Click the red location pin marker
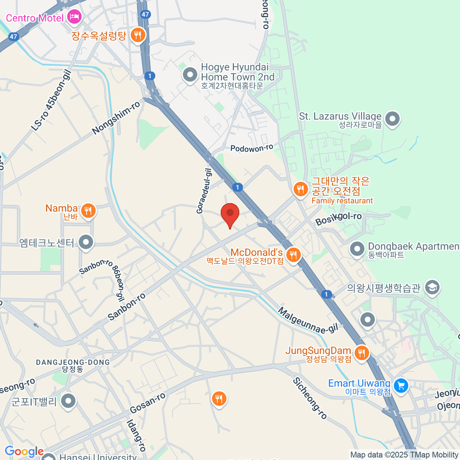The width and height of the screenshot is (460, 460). (x=230, y=213)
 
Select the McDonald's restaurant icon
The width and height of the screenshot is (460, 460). (x=293, y=254)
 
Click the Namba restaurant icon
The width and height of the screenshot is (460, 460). (x=88, y=210)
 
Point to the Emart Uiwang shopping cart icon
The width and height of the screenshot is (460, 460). (x=401, y=385)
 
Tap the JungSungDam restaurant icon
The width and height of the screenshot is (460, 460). (x=361, y=352)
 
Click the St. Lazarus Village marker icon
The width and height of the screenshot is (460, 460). (x=392, y=119)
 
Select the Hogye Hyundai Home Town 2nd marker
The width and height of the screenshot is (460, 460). (x=190, y=74)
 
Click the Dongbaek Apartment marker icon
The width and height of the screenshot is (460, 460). (x=357, y=249)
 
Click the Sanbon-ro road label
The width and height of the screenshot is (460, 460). (x=127, y=307)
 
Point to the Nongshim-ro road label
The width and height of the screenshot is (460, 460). (x=116, y=118)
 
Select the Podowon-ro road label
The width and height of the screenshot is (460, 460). (x=251, y=148)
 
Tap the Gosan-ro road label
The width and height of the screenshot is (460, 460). (x=148, y=403)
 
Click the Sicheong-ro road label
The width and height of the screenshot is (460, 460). (x=310, y=398)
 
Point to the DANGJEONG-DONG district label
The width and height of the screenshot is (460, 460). (x=73, y=362)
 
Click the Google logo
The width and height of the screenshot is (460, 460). (x=24, y=452)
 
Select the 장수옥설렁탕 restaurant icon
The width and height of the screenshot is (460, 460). (x=137, y=35)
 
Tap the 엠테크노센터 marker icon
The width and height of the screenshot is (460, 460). (x=86, y=242)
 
